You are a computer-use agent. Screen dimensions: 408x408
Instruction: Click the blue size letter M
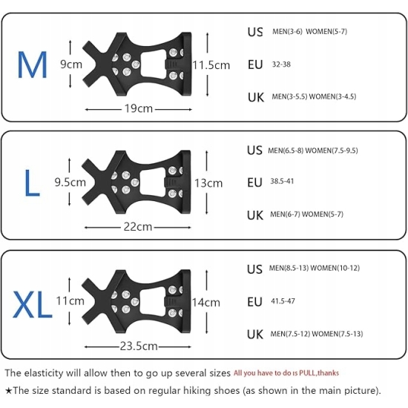(x=32, y=65)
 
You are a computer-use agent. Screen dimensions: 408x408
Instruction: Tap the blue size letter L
(x=32, y=182)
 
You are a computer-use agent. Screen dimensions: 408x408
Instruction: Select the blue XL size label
(x=32, y=304)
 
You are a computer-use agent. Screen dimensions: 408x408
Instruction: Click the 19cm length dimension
(x=139, y=108)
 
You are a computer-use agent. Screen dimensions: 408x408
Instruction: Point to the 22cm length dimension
(x=138, y=227)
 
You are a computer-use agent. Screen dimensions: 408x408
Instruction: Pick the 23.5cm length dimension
(x=139, y=346)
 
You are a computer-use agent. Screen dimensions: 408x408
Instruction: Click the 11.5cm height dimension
(x=211, y=65)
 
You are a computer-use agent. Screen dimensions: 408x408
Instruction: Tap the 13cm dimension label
(x=208, y=183)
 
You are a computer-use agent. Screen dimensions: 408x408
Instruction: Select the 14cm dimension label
(x=206, y=303)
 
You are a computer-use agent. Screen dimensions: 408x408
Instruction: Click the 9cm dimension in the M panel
(x=71, y=65)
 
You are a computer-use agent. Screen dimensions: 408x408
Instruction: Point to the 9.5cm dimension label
(x=70, y=182)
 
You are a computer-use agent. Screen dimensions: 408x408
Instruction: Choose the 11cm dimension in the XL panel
(x=70, y=300)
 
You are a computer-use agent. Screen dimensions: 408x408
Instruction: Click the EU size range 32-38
(x=281, y=65)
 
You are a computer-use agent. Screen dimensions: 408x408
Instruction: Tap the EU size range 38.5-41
(x=282, y=181)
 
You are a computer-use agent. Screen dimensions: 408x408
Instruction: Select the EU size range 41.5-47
(x=283, y=301)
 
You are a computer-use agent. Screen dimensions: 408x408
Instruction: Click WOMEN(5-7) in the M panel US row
(x=326, y=31)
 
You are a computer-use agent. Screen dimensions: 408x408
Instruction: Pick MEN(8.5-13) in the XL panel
(x=289, y=268)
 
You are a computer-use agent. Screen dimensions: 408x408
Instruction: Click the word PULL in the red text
(x=307, y=373)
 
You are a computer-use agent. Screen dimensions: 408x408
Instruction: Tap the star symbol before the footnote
(x=9, y=390)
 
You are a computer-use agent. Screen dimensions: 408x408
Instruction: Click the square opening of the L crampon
(x=153, y=182)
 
